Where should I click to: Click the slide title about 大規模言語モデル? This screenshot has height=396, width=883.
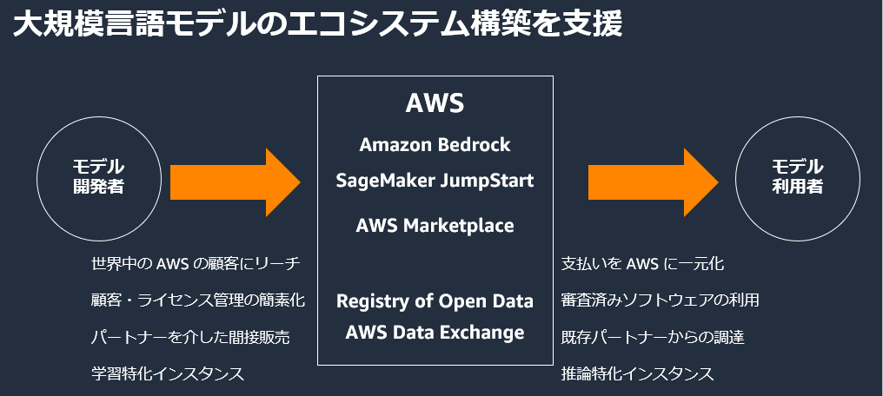click(x=318, y=23)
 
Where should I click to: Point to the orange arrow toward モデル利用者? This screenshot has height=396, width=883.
click(x=653, y=181)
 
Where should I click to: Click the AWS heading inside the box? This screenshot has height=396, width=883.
click(x=435, y=103)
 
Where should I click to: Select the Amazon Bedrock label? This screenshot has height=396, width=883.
click(x=435, y=144)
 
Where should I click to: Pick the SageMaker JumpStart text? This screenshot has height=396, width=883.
click(x=435, y=181)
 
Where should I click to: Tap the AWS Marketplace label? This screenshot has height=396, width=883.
click(x=435, y=226)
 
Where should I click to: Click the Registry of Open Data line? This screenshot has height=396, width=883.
click(x=435, y=301)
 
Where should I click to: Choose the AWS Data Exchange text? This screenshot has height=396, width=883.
click(x=435, y=332)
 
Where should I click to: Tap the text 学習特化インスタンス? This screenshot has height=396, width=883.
click(x=167, y=373)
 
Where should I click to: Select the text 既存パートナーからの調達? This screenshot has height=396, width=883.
click(x=652, y=337)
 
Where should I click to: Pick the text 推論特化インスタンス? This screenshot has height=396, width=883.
click(x=637, y=373)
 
